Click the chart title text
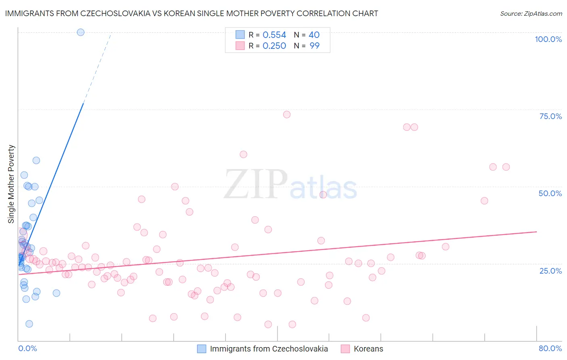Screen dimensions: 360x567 point(192,13)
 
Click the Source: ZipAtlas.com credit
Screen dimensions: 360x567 point(531,13)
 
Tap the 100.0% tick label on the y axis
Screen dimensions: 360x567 point(548,39)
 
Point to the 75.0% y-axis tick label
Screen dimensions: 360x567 point(550,116)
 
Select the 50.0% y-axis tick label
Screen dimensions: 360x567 point(550,193)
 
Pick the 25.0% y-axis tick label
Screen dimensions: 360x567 point(550,270)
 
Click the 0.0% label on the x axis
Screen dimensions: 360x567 point(27,348)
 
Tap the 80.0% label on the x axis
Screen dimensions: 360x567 point(550,348)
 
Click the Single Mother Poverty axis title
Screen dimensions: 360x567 point(11,184)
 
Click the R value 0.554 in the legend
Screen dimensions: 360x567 point(274,35)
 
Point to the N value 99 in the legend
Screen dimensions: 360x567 point(315,46)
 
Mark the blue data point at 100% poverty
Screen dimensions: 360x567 point(81,32)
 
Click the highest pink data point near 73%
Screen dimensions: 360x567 point(287,115)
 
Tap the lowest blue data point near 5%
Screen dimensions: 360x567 point(29,324)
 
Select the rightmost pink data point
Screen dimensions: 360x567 point(506,167)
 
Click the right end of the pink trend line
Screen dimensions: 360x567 point(536,232)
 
